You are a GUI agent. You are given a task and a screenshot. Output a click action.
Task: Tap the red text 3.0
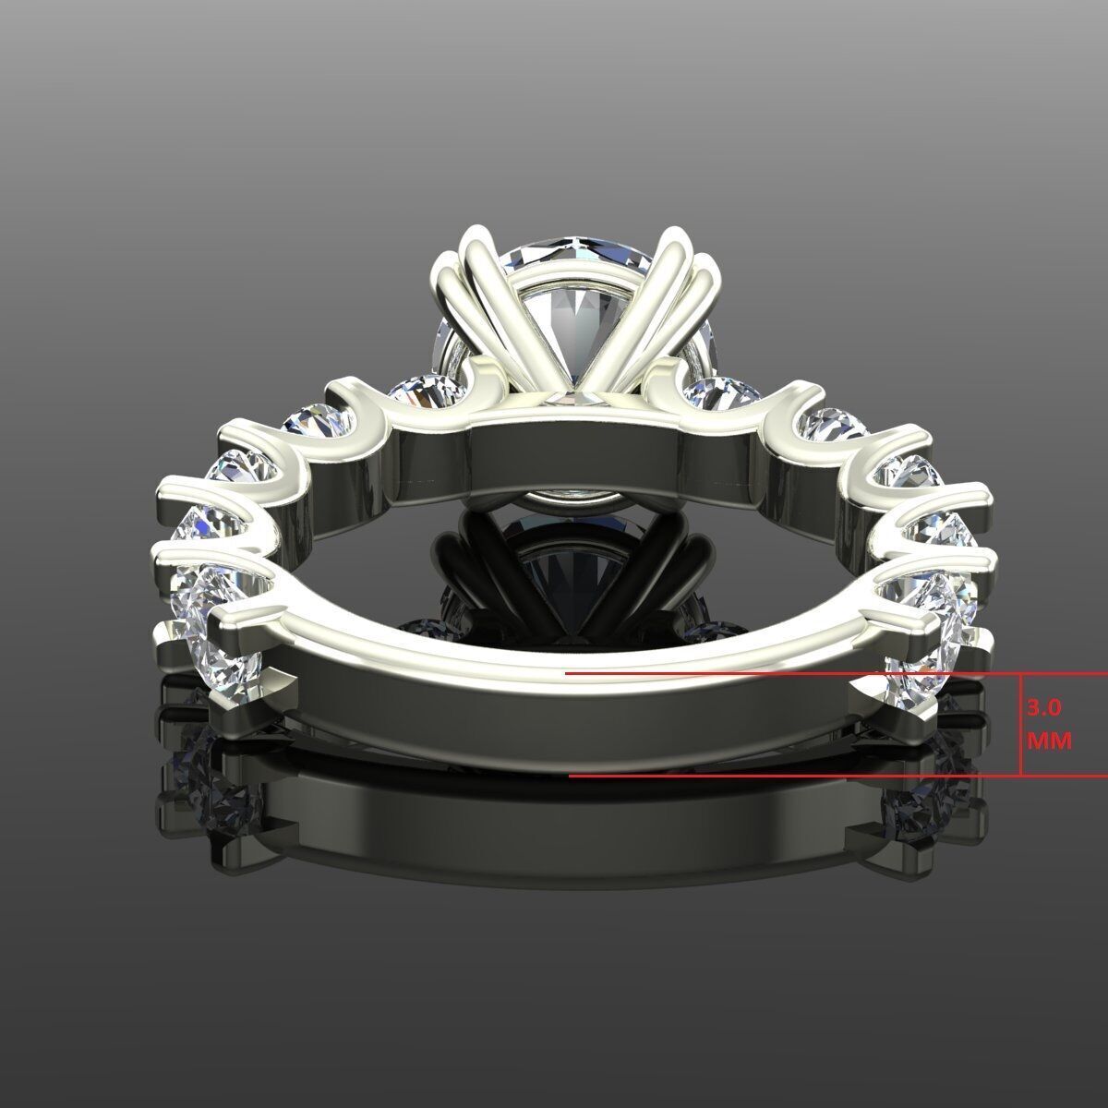pos(1044,709)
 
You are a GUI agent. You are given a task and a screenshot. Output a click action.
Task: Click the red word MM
pos(1049,741)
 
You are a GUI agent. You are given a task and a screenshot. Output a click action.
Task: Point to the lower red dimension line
pos(785,776)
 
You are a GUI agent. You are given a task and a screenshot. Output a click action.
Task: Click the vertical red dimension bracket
pos(1020,725)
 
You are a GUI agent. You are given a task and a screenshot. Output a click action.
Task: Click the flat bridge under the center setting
pos(572,452)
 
